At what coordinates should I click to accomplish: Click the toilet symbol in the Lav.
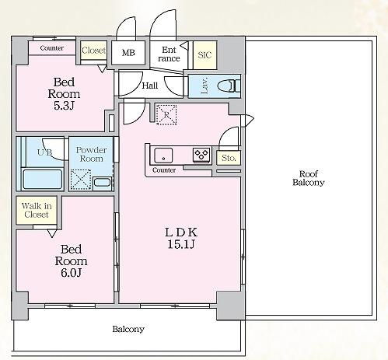coord(229,86)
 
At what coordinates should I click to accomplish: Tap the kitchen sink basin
coord(163,156)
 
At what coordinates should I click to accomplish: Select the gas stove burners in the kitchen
coord(201,155)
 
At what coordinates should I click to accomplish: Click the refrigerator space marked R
coord(166,114)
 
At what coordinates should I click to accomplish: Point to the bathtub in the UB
coord(43,179)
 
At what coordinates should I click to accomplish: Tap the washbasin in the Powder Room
coord(102,182)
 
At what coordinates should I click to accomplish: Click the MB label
coord(128,53)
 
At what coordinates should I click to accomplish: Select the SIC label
coord(204,55)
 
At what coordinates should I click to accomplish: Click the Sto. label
coord(229,158)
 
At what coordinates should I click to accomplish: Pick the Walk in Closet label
coord(37,210)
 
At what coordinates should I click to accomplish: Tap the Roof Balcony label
coord(309,178)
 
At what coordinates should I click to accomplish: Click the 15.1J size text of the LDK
coord(181,244)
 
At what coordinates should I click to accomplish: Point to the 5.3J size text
coord(64,106)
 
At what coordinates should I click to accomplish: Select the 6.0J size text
coord(72,273)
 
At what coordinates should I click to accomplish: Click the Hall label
coord(150,86)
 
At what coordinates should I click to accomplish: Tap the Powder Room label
coord(91,154)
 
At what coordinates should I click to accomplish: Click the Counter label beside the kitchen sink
coord(164,170)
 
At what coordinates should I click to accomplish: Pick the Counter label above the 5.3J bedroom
coord(52,48)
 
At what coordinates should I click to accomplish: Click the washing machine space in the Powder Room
coord(81,180)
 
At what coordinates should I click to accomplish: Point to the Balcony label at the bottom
coord(128,329)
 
